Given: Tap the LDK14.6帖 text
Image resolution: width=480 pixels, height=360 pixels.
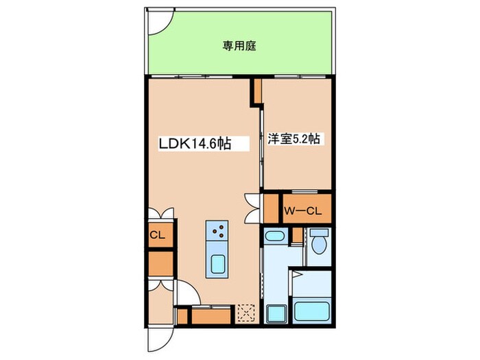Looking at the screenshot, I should (x=195, y=144).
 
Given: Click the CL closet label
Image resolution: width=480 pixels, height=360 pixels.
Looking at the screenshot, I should (x=157, y=235).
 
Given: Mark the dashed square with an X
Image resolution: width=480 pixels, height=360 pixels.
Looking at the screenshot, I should (x=245, y=313).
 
